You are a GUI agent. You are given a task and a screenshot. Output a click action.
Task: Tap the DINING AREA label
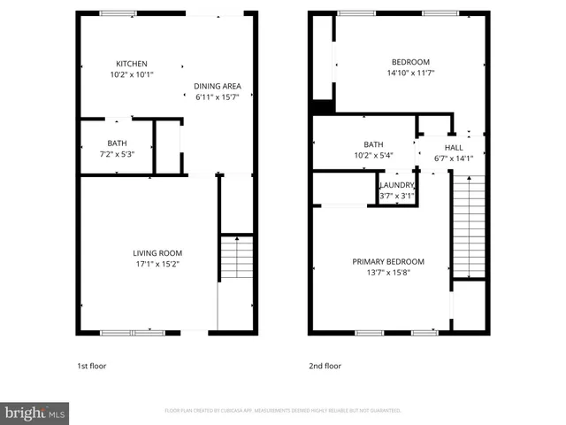pyautogui.click(x=218, y=86)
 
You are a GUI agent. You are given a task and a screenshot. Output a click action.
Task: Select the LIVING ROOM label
pyautogui.click(x=159, y=252)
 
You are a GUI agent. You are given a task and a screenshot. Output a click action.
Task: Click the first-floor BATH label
pyautogui.click(x=117, y=143)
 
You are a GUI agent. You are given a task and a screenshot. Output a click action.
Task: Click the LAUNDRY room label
pyautogui.click(x=397, y=185)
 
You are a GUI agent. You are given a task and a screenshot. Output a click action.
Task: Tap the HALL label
pyautogui.click(x=454, y=148)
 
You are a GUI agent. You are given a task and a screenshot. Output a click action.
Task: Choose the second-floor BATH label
pyautogui.click(x=373, y=144)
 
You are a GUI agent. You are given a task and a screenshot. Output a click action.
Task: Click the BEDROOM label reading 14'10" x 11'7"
pyautogui.click(x=409, y=62)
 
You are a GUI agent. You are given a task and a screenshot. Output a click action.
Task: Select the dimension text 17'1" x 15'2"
pyautogui.click(x=159, y=264)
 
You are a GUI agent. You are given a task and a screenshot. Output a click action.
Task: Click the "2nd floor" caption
pyautogui.click(x=325, y=366)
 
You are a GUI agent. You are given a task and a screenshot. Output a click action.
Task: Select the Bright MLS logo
pyautogui.click(x=35, y=413)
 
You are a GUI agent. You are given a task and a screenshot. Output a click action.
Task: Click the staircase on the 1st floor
pyautogui.click(x=236, y=259)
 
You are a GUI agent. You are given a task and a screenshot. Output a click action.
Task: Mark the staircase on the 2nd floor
pyautogui.click(x=469, y=226)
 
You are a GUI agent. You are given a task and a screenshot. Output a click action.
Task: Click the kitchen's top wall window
pyautogui.click(x=118, y=13)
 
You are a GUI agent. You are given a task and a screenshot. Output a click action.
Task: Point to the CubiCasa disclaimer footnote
pyautogui.click(x=283, y=411)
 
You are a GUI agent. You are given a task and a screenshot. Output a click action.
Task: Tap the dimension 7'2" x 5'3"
pyautogui.click(x=117, y=153)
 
